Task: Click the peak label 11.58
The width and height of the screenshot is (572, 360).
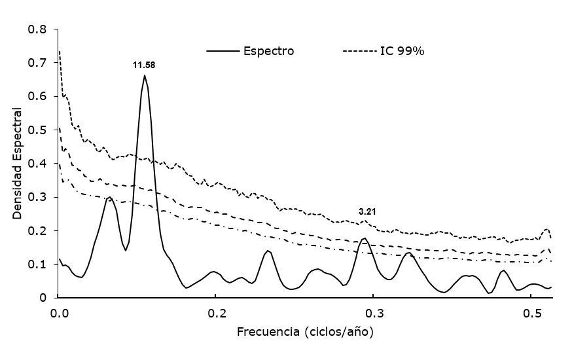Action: pyautogui.click(x=144, y=65)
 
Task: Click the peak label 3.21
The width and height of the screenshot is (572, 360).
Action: pyautogui.click(x=366, y=212)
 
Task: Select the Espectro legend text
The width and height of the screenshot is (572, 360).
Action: pyautogui.click(x=268, y=51)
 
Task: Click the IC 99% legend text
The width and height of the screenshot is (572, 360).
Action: pyautogui.click(x=402, y=51)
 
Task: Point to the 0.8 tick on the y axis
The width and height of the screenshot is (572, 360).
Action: pyautogui.click(x=38, y=29)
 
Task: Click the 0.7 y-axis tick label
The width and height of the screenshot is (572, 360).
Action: pyautogui.click(x=38, y=63)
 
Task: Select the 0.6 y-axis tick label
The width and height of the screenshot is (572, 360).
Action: pyautogui.click(x=38, y=96)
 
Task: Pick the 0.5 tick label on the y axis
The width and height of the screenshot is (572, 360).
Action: pyautogui.click(x=38, y=130)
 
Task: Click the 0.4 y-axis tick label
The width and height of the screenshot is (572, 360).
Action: pyautogui.click(x=38, y=164)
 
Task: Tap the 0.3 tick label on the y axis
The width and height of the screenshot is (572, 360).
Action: pyautogui.click(x=38, y=197)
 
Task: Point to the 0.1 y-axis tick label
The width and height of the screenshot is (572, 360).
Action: pyautogui.click(x=38, y=264)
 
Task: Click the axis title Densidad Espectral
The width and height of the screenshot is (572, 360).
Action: pyautogui.click(x=18, y=162)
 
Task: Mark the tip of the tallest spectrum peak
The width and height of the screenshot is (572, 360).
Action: pyautogui.click(x=145, y=75)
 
